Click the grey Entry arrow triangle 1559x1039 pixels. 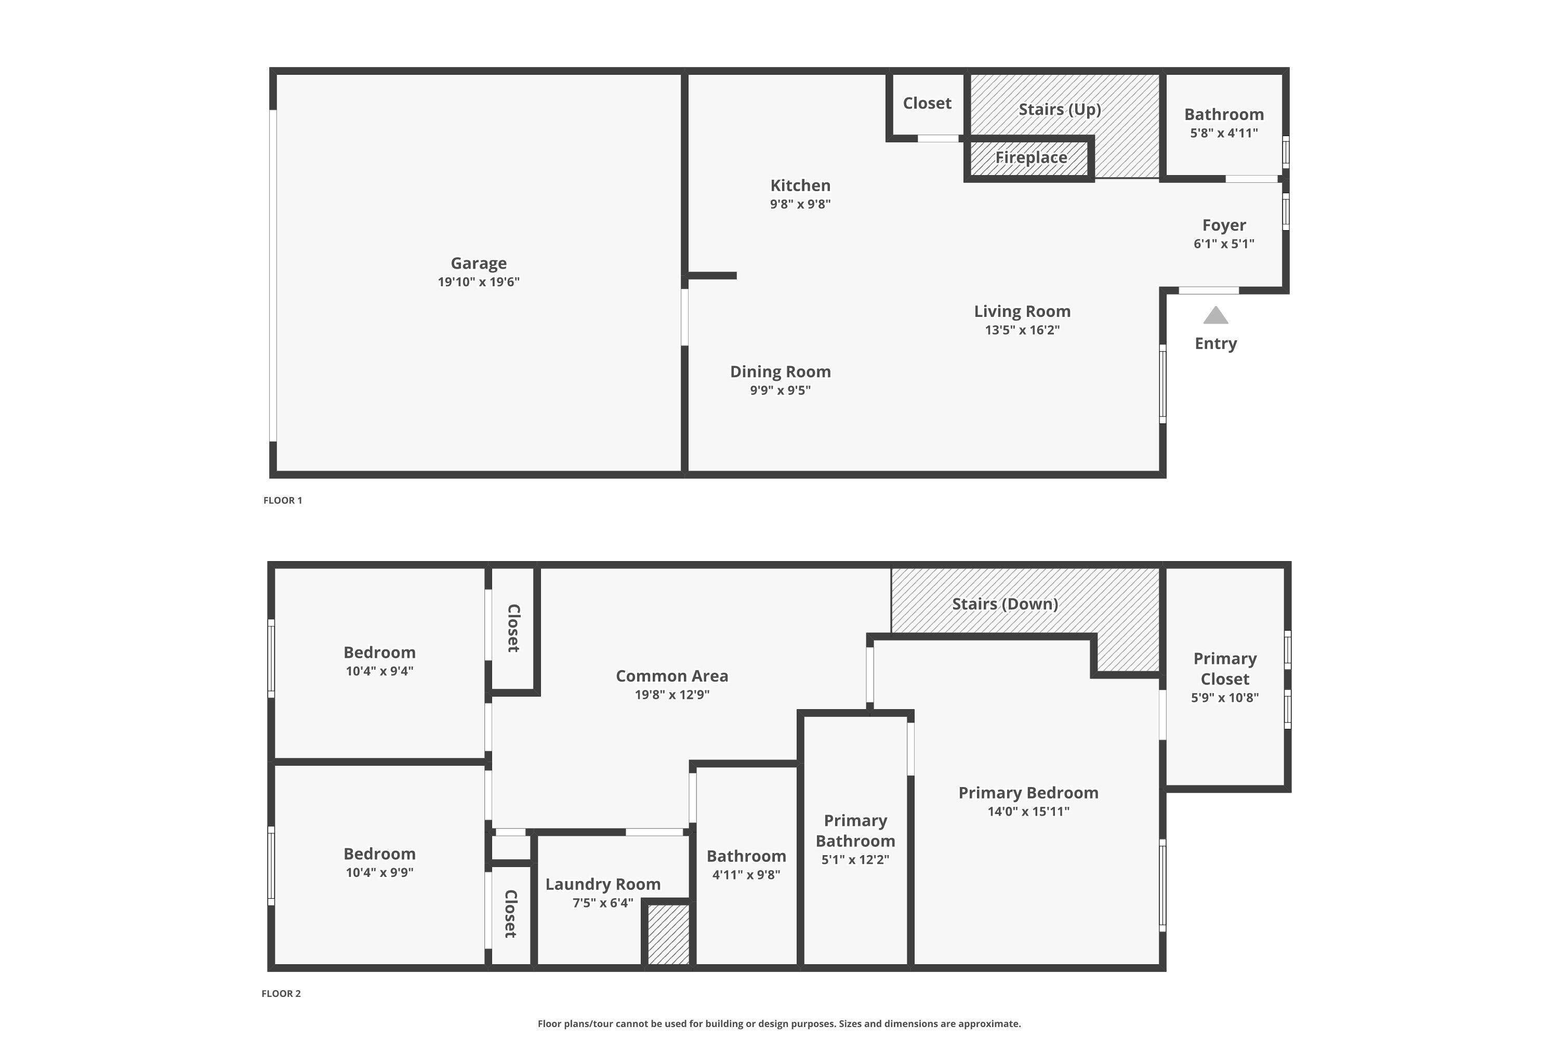[x=1215, y=316]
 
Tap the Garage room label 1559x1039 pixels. [x=479, y=263]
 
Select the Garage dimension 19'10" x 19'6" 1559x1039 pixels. [x=479, y=282]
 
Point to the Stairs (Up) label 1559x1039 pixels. [x=1059, y=109]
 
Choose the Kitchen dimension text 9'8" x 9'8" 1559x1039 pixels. [x=800, y=204]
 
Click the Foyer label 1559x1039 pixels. [x=1224, y=225]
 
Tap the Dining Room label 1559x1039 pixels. [x=780, y=372]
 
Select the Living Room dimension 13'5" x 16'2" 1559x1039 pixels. [x=1022, y=330]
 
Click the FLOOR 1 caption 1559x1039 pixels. [x=282, y=500]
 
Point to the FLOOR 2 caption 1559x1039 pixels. [x=281, y=993]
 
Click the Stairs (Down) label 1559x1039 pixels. [x=1005, y=604]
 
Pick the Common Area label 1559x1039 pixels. [x=671, y=676]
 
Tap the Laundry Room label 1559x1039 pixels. [x=602, y=884]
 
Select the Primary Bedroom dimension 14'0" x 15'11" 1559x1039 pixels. [x=1028, y=811]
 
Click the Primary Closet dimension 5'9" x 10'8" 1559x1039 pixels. [x=1224, y=697]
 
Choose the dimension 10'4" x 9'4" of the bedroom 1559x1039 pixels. [x=379, y=671]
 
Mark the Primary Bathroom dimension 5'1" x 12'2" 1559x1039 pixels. [x=855, y=859]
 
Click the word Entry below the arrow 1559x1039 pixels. [x=1216, y=343]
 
